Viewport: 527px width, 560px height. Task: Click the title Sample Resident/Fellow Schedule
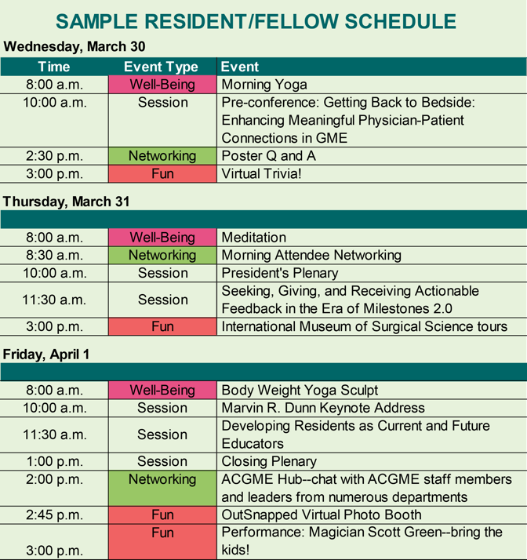(256, 21)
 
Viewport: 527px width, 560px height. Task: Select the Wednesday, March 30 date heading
(75, 47)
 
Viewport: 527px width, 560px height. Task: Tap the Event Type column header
(161, 67)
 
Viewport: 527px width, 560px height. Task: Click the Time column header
(54, 67)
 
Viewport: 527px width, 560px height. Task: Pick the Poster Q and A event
(268, 156)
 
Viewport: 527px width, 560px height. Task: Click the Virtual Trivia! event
(261, 174)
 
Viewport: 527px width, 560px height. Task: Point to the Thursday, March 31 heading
(67, 202)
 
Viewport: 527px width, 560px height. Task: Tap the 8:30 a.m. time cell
(54, 256)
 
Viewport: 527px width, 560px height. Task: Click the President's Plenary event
(280, 273)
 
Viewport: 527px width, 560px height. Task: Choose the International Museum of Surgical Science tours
(364, 326)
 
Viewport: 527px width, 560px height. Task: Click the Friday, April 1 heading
(46, 355)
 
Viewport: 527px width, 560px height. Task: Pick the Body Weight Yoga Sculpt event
(300, 391)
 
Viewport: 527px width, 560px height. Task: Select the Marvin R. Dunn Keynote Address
(323, 408)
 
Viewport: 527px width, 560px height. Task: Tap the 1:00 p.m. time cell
(55, 461)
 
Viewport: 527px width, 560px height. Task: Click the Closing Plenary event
(269, 461)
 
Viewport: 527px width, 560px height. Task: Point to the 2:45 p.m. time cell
(54, 515)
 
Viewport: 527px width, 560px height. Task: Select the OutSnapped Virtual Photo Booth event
(322, 515)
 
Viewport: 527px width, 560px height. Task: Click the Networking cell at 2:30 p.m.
(162, 156)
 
